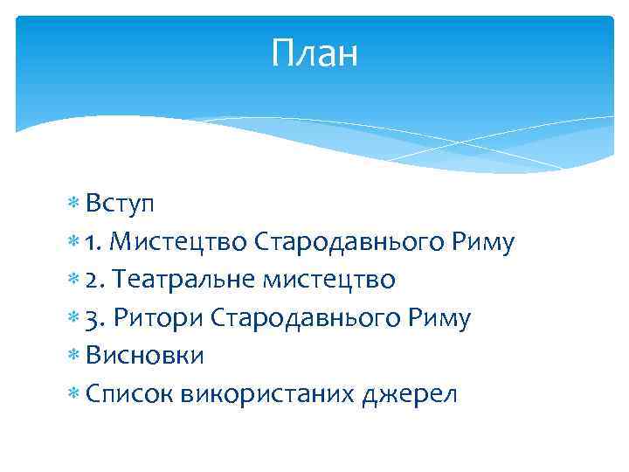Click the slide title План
pyautogui.click(x=314, y=54)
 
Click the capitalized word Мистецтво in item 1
pyautogui.click(x=182, y=242)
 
